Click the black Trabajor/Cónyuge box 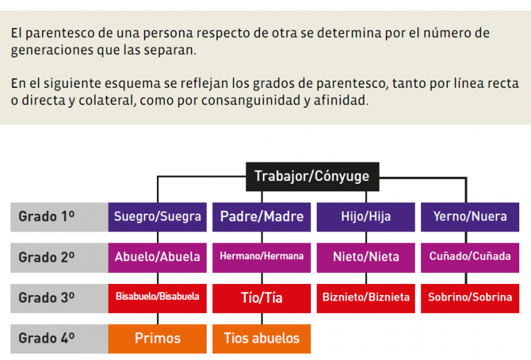point(313,177)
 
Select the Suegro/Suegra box point(158,217)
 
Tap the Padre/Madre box point(261,217)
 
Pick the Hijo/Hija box point(366,217)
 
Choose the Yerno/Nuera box point(470,217)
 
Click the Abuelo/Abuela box point(158,258)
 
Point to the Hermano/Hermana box point(261,258)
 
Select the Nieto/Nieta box point(366,258)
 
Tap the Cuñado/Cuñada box point(470,258)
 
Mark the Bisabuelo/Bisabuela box point(158,299)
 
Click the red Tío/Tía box point(261,299)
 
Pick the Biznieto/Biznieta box point(366,299)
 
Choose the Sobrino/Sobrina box point(470,299)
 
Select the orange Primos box point(158,339)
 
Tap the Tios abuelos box point(261,339)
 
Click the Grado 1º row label point(59,217)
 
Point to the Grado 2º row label point(59,258)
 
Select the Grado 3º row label point(59,299)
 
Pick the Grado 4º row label point(59,339)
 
